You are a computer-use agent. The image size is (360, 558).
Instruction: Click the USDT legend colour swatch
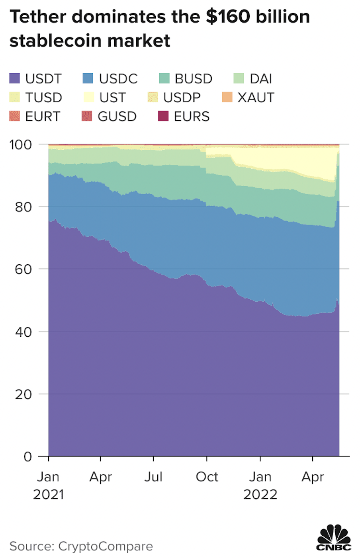[15, 78]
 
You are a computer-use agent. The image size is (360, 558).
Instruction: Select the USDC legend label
[118, 79]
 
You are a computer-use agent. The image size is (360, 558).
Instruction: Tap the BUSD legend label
[193, 79]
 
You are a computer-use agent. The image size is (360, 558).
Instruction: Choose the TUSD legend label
[43, 98]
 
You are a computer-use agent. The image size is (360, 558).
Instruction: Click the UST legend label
[112, 98]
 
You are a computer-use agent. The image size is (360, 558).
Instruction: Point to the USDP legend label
[182, 98]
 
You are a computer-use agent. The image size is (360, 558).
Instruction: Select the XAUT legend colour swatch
[227, 97]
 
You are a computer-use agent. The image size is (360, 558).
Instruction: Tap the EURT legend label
[43, 116]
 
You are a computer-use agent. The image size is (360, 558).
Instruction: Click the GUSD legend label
[117, 116]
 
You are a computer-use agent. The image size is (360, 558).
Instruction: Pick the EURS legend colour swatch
[163, 116]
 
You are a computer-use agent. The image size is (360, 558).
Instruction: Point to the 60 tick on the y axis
[23, 269]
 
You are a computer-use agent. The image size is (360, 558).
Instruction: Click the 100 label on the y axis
[21, 144]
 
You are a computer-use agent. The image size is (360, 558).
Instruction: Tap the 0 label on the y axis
[27, 457]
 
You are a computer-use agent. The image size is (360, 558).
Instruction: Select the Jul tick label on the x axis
[153, 477]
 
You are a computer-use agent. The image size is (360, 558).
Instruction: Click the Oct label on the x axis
[207, 477]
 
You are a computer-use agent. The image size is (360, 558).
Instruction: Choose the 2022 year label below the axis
[260, 494]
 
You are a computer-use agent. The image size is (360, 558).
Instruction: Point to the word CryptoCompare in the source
[106, 546]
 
